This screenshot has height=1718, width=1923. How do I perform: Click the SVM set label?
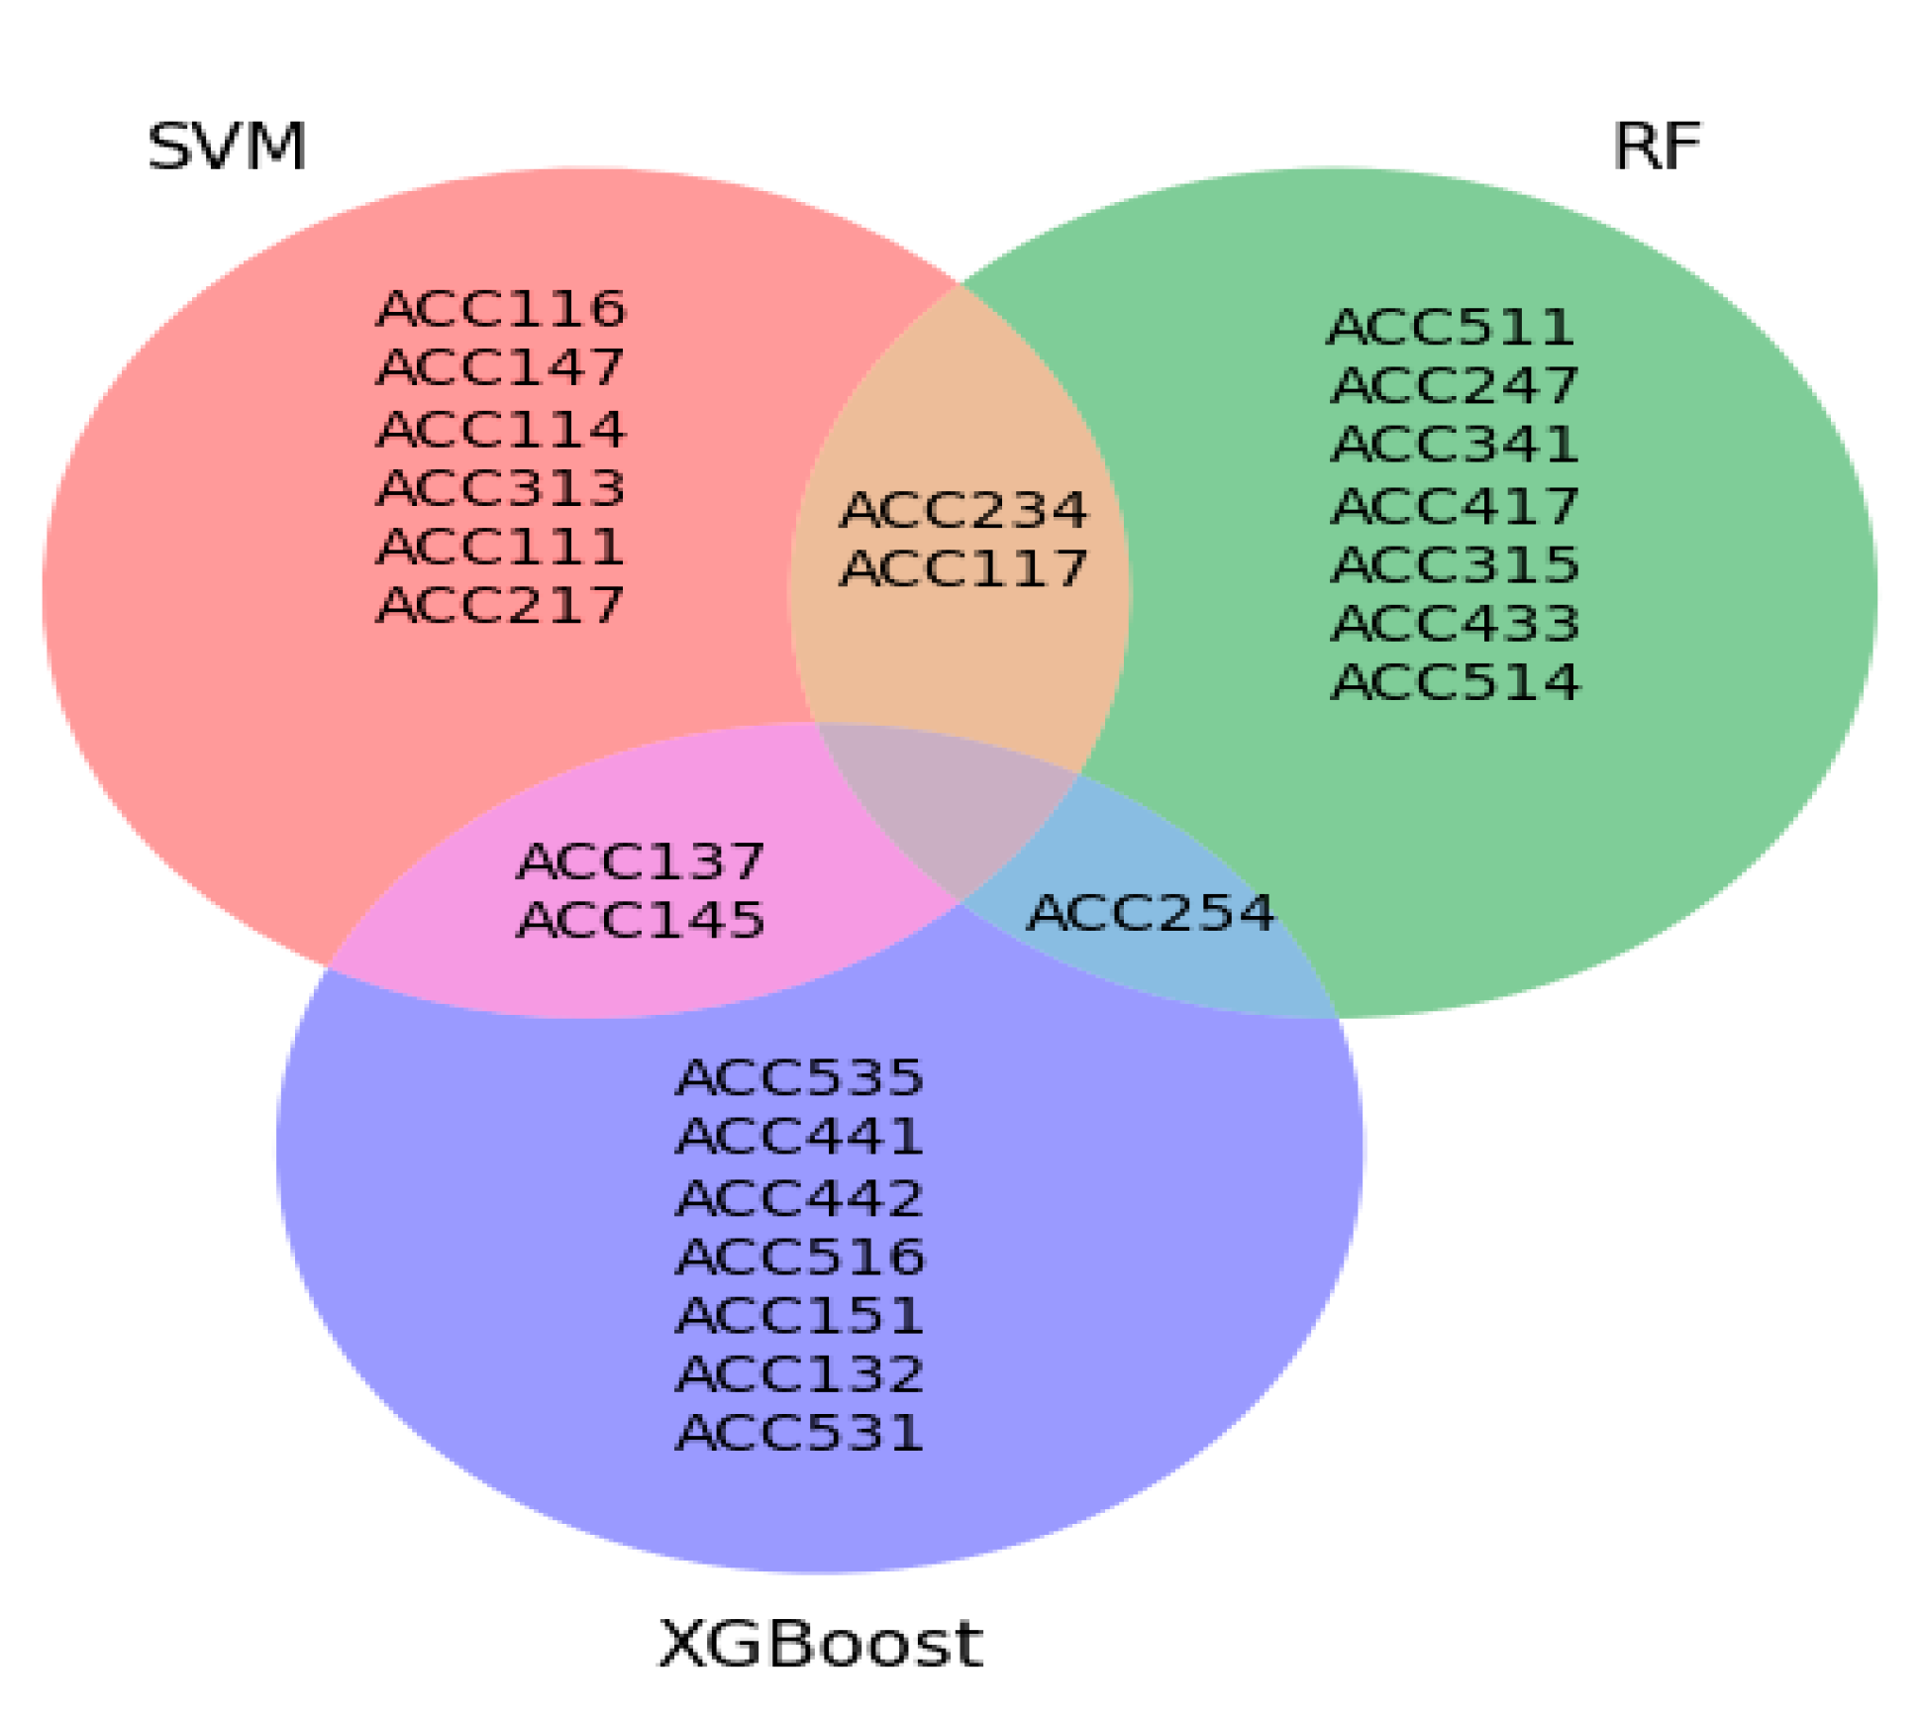pyautogui.click(x=227, y=148)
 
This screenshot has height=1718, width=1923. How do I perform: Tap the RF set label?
pyautogui.click(x=1657, y=148)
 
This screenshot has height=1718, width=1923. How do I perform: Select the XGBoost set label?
pyautogui.click(x=820, y=1645)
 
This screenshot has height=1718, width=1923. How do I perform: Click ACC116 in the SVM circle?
pyautogui.click(x=501, y=309)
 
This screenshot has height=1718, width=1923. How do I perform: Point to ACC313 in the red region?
pyautogui.click(x=501, y=488)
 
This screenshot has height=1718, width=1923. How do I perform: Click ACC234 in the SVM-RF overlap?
pyautogui.click(x=963, y=511)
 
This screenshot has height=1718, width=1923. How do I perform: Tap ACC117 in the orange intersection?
pyautogui.click(x=963, y=569)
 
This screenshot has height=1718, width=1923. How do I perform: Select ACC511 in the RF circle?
pyautogui.click(x=1451, y=328)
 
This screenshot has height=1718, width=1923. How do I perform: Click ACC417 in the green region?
pyautogui.click(x=1455, y=506)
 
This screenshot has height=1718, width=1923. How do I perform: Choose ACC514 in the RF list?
pyautogui.click(x=1456, y=682)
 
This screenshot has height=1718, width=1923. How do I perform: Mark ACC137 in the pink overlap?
pyautogui.click(x=641, y=861)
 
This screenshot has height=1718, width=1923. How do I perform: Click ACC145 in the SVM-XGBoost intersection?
pyautogui.click(x=641, y=920)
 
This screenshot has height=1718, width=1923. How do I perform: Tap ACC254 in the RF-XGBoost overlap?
pyautogui.click(x=1151, y=913)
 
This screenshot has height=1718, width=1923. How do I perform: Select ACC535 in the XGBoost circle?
pyautogui.click(x=799, y=1077)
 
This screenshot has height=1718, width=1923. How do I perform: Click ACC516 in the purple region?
pyautogui.click(x=800, y=1257)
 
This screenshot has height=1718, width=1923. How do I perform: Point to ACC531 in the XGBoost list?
pyautogui.click(x=799, y=1433)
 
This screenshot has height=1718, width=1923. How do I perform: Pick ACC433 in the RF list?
pyautogui.click(x=1455, y=624)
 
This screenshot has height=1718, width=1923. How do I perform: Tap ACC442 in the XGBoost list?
pyautogui.click(x=799, y=1198)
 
